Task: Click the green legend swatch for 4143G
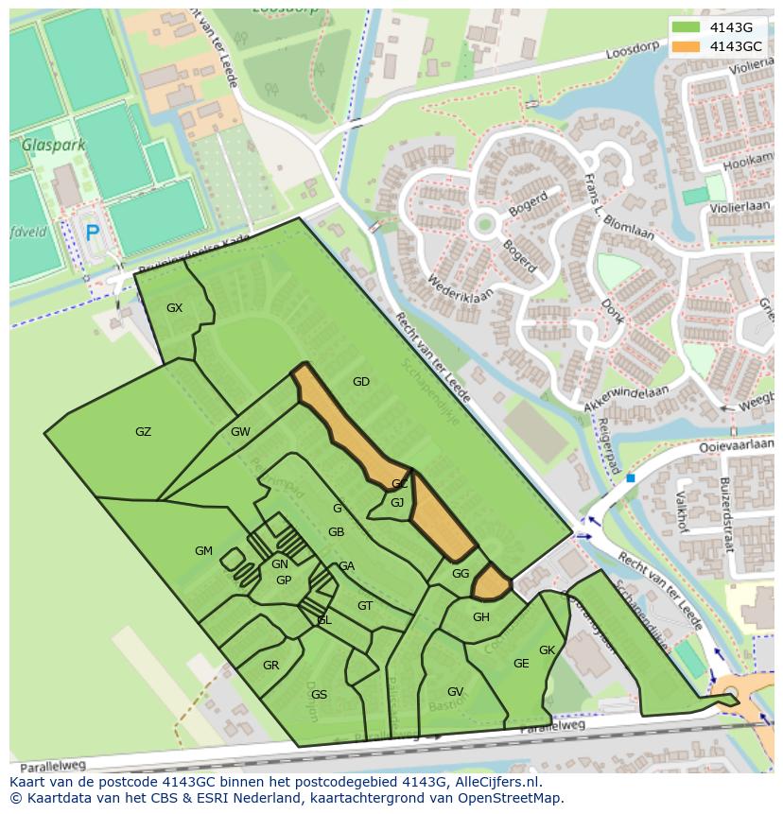tap(687, 27)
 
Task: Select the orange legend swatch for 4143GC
tap(687, 46)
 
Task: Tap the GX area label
tap(174, 308)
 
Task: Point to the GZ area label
tap(143, 432)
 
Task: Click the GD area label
tap(360, 382)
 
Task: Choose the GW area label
tap(240, 432)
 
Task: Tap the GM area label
tap(203, 551)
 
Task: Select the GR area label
tap(270, 666)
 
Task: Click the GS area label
tap(319, 695)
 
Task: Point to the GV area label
tap(455, 692)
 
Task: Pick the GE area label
tap(521, 664)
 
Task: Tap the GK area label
tap(547, 650)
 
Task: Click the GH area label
tap(481, 617)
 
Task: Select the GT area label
tap(365, 606)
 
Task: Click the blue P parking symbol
tap(92, 233)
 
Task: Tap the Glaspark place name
tap(54, 146)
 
